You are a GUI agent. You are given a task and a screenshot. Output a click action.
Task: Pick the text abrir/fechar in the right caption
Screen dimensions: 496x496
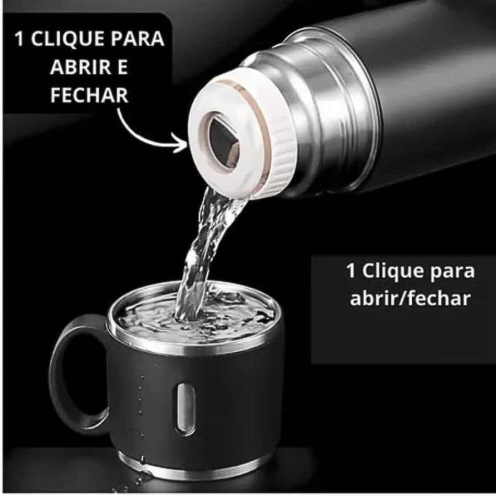(x=410, y=298)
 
